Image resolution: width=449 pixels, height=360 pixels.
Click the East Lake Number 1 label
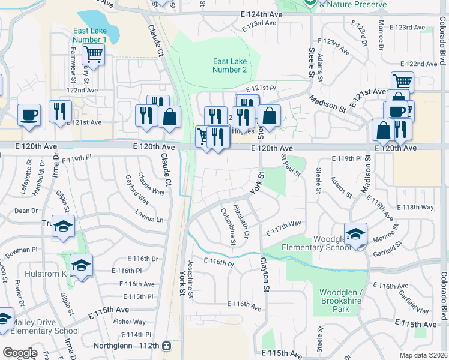(x=89, y=35)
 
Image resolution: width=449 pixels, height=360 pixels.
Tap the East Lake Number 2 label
(x=229, y=65)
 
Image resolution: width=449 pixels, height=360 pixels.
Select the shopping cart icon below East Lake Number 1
(x=93, y=55)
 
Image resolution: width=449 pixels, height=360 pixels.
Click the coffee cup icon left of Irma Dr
(x=28, y=114)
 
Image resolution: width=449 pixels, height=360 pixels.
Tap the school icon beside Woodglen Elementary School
(x=355, y=233)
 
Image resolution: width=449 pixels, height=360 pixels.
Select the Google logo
(x=20, y=352)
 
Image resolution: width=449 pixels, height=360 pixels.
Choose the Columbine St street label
(x=229, y=226)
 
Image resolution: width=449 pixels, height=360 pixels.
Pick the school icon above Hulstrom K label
(x=81, y=265)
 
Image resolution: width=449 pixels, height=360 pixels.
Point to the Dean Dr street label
(x=26, y=211)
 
